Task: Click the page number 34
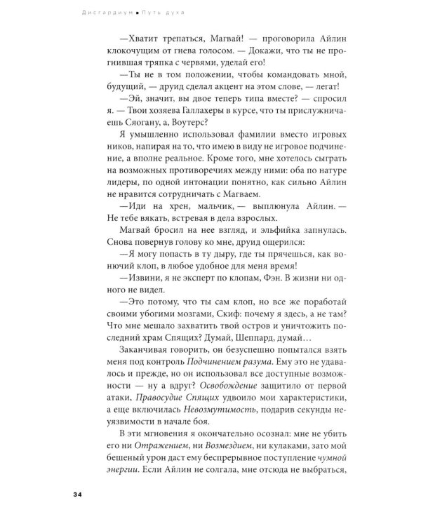coord(77,495)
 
